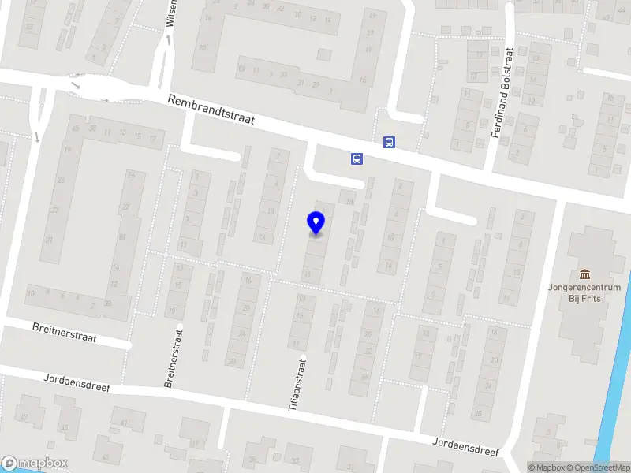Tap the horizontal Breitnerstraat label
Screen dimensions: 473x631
click(64, 332)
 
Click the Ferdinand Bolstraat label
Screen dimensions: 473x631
click(502, 93)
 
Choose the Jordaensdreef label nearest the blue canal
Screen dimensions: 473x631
click(465, 446)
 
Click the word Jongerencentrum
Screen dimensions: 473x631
click(585, 288)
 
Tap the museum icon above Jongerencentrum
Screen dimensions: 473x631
click(585, 274)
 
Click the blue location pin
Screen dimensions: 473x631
click(315, 223)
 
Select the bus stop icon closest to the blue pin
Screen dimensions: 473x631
click(357, 158)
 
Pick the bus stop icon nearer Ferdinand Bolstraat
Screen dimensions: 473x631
click(389, 143)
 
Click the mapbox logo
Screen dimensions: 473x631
click(34, 464)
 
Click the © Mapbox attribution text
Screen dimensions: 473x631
click(547, 467)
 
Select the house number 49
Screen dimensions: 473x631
click(370, 15)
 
